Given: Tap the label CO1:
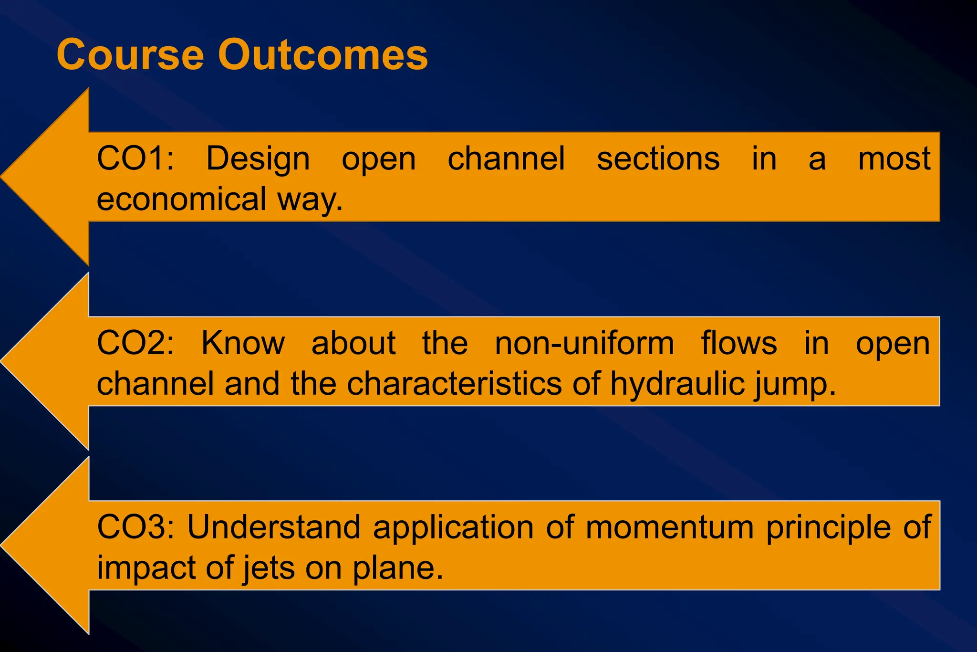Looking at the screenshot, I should tap(135, 158).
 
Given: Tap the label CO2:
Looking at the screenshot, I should tap(135, 343).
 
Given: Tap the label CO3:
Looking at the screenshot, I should tap(135, 527).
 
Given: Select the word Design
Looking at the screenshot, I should tap(258, 159).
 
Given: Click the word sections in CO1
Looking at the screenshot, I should tap(658, 158).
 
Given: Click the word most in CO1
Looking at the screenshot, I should tap(894, 158).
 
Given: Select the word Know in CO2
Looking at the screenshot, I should tap(243, 343).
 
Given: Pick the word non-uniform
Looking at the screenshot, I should tap(584, 343).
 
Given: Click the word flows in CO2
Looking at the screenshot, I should tap(738, 343).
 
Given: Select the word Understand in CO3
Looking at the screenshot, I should tap(273, 527).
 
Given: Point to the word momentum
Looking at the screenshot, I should tap(669, 528).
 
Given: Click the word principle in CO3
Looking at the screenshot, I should tap(828, 528).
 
